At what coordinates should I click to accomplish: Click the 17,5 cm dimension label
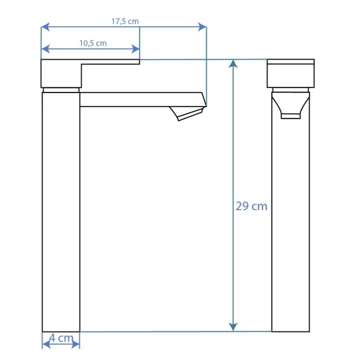tap(125, 22)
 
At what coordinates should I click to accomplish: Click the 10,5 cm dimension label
tap(93, 43)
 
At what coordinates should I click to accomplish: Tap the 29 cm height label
tap(252, 206)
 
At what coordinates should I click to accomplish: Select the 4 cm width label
tap(61, 338)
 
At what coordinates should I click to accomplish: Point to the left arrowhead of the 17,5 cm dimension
tap(45, 27)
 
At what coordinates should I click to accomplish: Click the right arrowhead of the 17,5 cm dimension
tap(202, 27)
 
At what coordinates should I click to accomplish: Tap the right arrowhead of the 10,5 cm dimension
tap(136, 49)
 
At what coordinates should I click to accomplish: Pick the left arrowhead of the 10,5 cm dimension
tap(46, 49)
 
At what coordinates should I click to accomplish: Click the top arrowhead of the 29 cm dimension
tap(233, 64)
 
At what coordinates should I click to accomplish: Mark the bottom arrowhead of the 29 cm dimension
tap(233, 327)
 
